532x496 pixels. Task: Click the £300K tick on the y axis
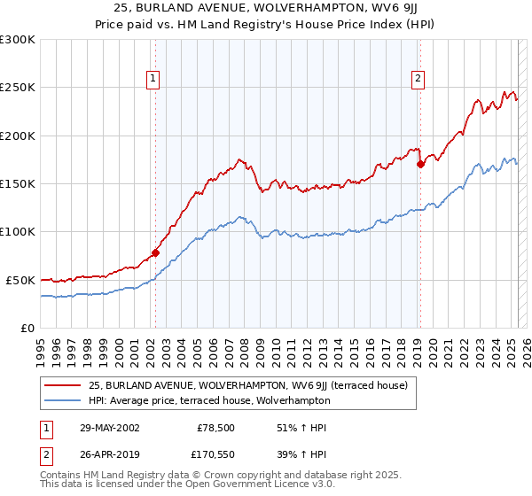(x=18, y=40)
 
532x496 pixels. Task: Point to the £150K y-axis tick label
(x=18, y=183)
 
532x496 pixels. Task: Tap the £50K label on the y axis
(x=21, y=280)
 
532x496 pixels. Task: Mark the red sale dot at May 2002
(x=156, y=252)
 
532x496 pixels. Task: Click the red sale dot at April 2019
(x=420, y=164)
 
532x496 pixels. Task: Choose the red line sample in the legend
(x=63, y=385)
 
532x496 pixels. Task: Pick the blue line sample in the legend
(x=63, y=400)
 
